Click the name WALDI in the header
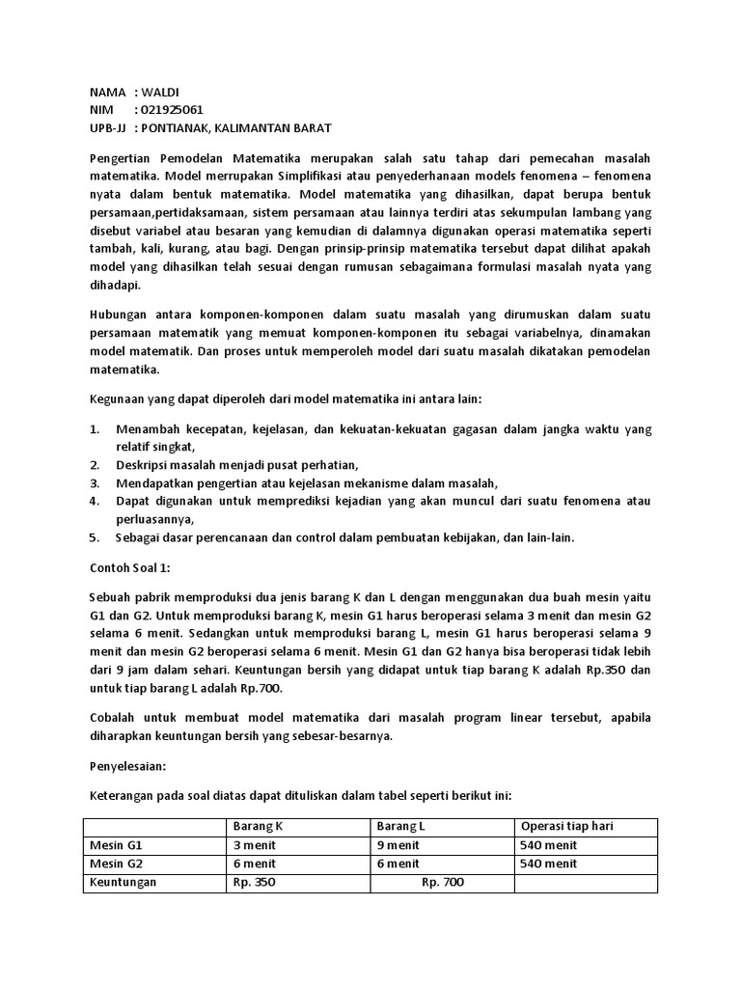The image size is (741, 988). click(163, 92)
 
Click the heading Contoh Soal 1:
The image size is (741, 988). click(129, 568)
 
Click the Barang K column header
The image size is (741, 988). click(258, 827)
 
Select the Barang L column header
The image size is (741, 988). click(400, 827)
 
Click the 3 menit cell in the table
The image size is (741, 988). click(255, 845)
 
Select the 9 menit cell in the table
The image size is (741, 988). click(398, 845)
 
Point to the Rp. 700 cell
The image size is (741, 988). click(444, 882)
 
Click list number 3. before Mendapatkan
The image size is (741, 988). click(96, 482)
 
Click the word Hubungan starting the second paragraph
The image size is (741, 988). click(118, 316)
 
